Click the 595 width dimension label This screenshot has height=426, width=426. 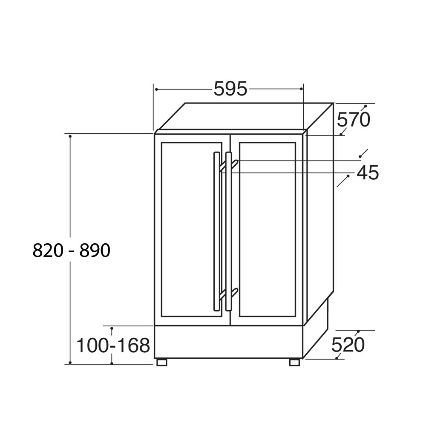(230, 89)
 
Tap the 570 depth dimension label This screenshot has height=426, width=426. (354, 120)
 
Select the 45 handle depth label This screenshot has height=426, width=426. (368, 173)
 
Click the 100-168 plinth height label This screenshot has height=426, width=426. (113, 345)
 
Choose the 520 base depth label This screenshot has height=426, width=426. (348, 345)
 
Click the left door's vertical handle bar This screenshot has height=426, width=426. (216, 231)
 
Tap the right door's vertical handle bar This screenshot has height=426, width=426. (228, 231)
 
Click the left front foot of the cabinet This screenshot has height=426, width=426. (161, 362)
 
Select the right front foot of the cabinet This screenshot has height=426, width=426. (294, 362)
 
